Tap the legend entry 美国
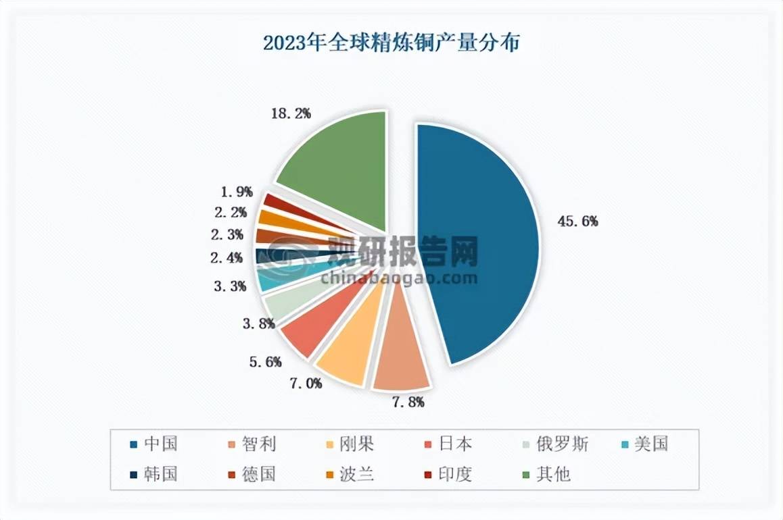click(650, 444)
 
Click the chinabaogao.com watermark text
click(400, 277)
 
